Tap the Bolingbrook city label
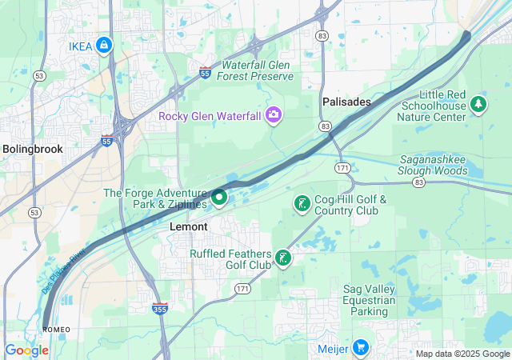[32, 149]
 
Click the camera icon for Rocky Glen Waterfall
[274, 116]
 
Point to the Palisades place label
[346, 102]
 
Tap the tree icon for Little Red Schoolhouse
[478, 103]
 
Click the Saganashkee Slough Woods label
[444, 165]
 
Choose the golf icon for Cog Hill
[302, 204]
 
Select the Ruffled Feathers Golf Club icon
[282, 258]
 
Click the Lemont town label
[189, 227]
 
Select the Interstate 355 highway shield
[160, 307]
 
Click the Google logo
[26, 350]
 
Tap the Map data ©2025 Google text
[462, 354]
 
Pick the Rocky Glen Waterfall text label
[210, 117]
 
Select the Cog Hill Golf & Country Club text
[350, 205]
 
